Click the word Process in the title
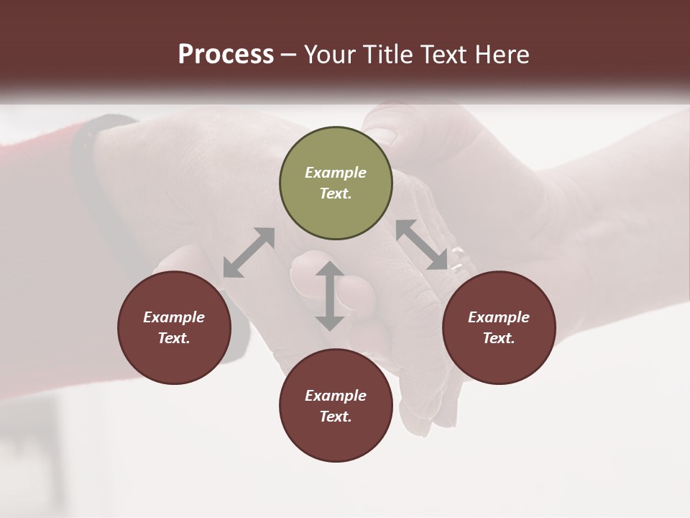[226, 55]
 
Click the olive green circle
[336, 183]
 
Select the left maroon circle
[174, 327]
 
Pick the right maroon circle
[499, 327]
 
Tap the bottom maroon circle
[336, 406]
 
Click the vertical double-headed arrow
[329, 296]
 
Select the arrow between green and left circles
[249, 253]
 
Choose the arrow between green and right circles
[422, 245]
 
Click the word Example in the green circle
[336, 173]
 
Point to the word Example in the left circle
[174, 317]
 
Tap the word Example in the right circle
[499, 317]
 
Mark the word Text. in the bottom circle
[336, 417]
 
